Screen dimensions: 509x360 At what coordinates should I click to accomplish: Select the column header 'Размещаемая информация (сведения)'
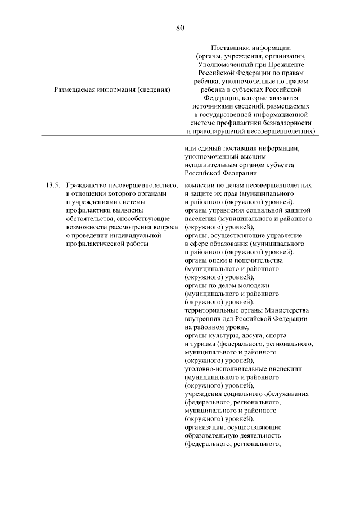click(112, 89)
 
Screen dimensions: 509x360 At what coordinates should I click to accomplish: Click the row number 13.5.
click(52, 185)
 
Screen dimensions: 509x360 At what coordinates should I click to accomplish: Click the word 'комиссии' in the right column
click(200, 185)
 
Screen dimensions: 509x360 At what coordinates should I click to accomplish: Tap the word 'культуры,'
click(222, 336)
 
